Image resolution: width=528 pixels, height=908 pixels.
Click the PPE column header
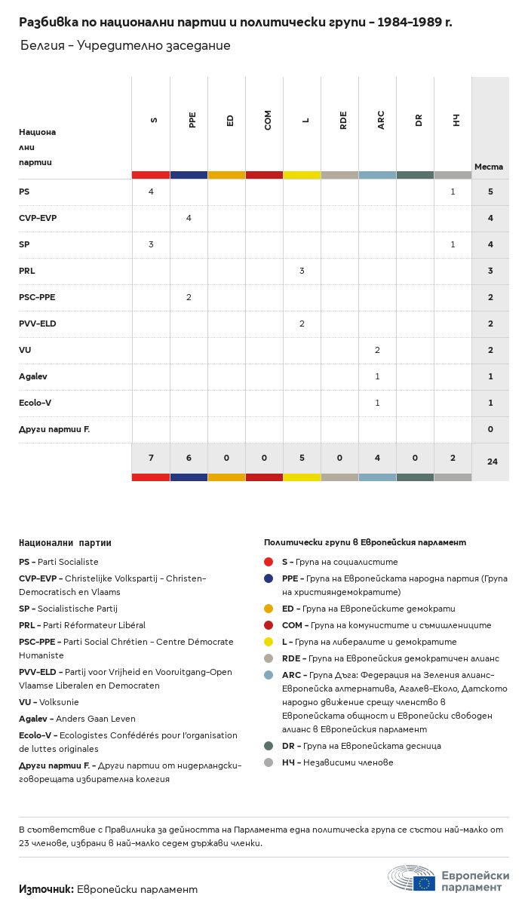tap(192, 120)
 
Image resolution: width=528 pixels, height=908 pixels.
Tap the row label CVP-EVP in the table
tap(38, 218)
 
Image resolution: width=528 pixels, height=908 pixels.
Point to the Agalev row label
tap(34, 376)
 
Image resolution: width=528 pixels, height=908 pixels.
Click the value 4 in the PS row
tap(151, 192)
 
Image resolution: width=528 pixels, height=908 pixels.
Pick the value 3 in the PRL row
tap(302, 271)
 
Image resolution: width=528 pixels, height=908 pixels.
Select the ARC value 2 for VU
tap(377, 350)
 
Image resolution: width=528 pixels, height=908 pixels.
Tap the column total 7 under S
tap(151, 459)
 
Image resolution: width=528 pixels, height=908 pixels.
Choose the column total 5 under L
tap(302, 459)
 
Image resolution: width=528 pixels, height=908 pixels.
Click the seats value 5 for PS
tap(490, 192)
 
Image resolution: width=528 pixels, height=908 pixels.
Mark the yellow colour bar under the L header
tap(302, 175)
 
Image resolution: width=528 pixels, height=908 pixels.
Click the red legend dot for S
tap(269, 562)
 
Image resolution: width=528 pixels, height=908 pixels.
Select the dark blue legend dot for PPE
tap(269, 578)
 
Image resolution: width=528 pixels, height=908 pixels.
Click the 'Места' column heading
tap(489, 167)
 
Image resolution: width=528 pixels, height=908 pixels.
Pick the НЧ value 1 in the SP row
tap(453, 244)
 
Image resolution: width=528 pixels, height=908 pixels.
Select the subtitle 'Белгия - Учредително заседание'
tap(125, 46)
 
